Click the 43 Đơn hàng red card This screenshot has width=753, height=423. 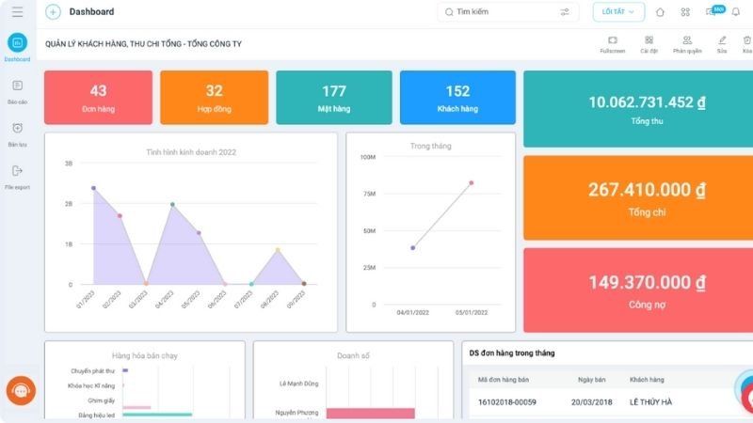[98, 97]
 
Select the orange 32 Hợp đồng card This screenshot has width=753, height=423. [214, 97]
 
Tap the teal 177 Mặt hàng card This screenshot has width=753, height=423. [333, 97]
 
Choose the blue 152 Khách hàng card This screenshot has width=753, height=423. [457, 97]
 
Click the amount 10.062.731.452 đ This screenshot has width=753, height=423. [647, 102]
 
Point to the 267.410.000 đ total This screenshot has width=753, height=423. [647, 190]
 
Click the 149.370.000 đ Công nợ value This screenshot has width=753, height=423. [647, 282]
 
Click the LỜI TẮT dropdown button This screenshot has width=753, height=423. [618, 12]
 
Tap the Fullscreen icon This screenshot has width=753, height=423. [613, 41]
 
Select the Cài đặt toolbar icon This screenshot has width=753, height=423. [649, 41]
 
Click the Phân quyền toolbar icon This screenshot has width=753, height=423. [687, 41]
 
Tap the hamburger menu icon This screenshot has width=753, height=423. [17, 12]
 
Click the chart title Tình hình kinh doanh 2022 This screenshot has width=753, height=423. [191, 151]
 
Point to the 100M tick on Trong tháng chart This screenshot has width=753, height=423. [368, 157]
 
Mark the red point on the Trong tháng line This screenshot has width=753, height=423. [472, 183]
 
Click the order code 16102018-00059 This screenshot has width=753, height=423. [507, 402]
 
